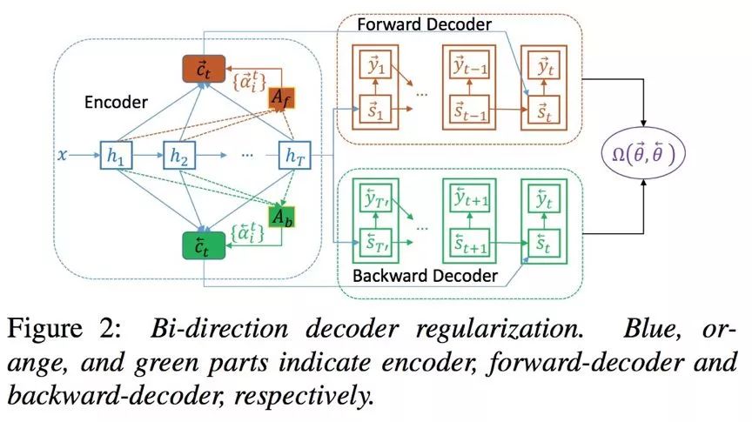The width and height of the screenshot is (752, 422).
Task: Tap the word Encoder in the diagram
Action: [x=117, y=103]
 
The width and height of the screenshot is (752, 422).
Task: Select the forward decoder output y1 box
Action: [x=377, y=64]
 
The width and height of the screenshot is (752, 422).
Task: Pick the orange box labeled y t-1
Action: [x=469, y=64]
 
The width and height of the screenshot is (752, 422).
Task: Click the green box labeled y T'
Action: [x=377, y=202]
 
